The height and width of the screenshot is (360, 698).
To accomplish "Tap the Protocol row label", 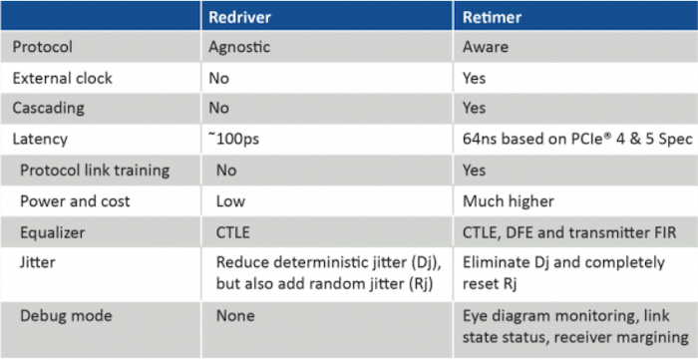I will [41, 47].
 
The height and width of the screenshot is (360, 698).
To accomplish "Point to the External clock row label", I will [62, 78].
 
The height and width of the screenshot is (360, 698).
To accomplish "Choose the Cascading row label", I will [49, 109].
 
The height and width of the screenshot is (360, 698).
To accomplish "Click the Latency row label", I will [41, 140].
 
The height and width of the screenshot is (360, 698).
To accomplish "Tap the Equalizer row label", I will [53, 232].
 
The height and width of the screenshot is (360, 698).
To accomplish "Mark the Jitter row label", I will [37, 263].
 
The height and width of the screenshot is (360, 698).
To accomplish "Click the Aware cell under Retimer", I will [485, 47].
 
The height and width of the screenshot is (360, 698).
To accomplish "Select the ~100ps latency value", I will [235, 140].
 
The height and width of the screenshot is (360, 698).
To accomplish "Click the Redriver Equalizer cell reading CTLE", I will [234, 232].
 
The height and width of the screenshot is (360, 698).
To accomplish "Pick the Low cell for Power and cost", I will [230, 201].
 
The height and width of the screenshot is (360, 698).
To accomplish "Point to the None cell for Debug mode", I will [235, 316].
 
